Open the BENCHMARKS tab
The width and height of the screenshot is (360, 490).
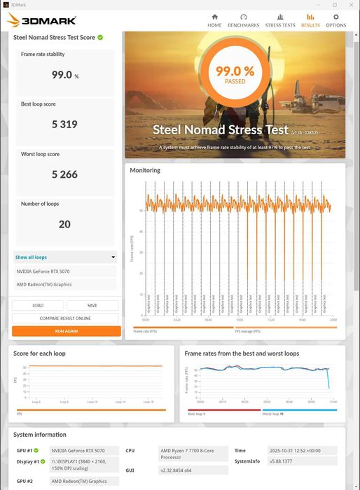(243, 20)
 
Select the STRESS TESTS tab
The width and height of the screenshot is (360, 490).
(279, 20)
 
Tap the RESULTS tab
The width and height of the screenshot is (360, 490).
(310, 20)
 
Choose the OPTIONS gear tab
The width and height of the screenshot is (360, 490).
(335, 20)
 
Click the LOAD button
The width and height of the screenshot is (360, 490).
(38, 305)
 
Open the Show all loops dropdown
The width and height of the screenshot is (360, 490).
(65, 257)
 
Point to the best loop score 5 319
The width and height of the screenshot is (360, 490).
(64, 125)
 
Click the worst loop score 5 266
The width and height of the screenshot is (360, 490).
(64, 174)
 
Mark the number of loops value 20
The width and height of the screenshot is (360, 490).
(64, 224)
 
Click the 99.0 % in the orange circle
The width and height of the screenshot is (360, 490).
(235, 71)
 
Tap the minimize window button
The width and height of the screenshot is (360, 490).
(315, 4)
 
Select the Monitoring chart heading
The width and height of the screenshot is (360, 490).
(145, 170)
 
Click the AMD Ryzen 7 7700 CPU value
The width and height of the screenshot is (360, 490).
(186, 454)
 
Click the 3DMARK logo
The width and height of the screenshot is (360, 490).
(42, 20)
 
